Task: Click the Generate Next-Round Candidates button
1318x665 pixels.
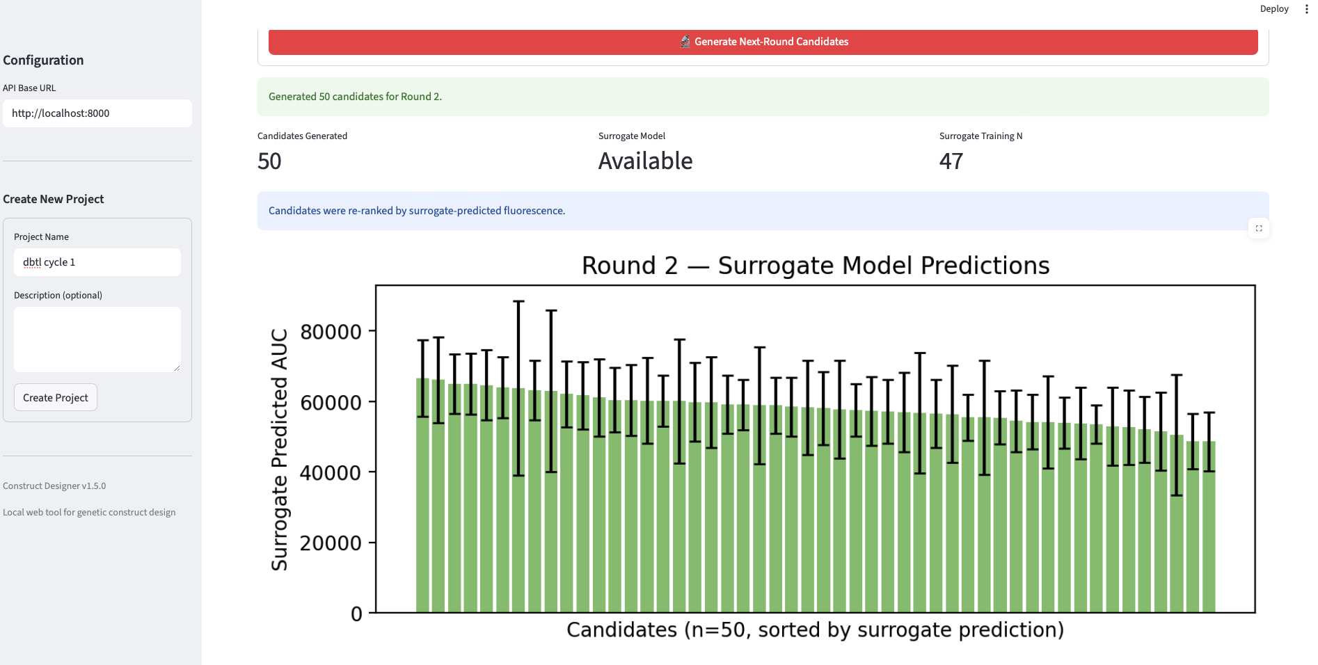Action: (763, 42)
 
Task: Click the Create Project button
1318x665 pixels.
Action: (56, 397)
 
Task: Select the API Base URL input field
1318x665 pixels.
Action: (97, 113)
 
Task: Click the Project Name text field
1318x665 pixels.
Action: (97, 262)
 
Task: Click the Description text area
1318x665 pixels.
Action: (97, 339)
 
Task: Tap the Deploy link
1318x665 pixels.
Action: (1274, 9)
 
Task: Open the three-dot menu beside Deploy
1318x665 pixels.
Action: (1306, 9)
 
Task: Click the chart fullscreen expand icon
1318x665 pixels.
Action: (1259, 228)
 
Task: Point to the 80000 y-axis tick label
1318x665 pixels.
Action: (331, 332)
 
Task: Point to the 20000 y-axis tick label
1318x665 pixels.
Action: (331, 543)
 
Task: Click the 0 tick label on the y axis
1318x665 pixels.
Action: (356, 614)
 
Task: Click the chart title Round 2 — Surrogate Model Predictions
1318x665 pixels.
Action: (816, 265)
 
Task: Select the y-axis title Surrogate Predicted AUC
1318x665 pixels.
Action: (279, 450)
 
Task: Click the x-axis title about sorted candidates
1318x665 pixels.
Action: (816, 630)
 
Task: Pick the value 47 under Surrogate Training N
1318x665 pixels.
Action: (951, 161)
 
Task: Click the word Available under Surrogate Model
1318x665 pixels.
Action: (646, 161)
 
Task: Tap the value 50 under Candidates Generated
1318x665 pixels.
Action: (269, 161)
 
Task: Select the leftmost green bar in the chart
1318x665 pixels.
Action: (422, 495)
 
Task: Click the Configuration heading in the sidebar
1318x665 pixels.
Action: (43, 60)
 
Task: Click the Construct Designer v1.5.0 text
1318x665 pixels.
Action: (54, 486)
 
